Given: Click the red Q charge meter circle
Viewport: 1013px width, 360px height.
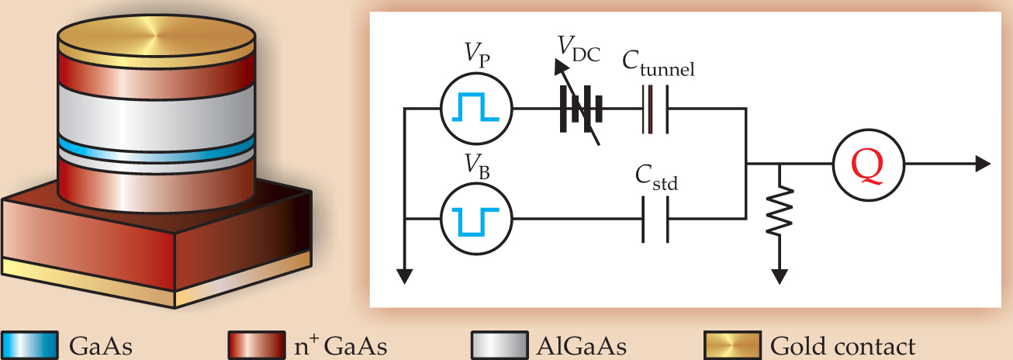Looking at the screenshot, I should (867, 164).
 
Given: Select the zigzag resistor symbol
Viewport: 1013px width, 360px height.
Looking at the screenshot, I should (780, 209).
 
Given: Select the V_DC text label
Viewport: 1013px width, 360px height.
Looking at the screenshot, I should (578, 50).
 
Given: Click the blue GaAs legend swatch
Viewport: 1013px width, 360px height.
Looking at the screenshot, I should (29, 344).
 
